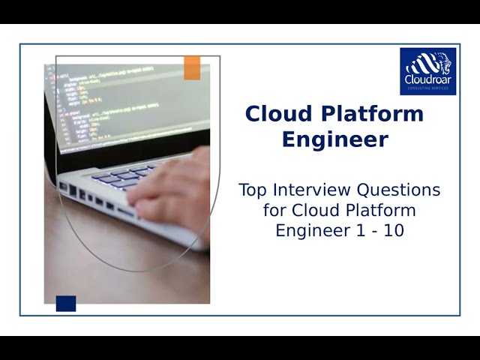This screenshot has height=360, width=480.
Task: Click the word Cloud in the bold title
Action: [x=274, y=114]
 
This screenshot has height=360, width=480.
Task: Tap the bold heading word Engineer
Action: [x=334, y=139]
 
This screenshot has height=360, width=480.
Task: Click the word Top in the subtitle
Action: [x=253, y=190]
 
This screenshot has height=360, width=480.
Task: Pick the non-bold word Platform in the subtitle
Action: [x=384, y=210]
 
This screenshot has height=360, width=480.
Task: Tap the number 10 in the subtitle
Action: [x=394, y=231]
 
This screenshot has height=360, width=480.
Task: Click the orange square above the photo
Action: [x=192, y=67]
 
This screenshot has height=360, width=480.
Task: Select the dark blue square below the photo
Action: [x=66, y=303]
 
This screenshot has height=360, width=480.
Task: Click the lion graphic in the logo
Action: [x=427, y=63]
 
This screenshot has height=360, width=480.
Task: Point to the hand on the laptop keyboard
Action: [x=172, y=187]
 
